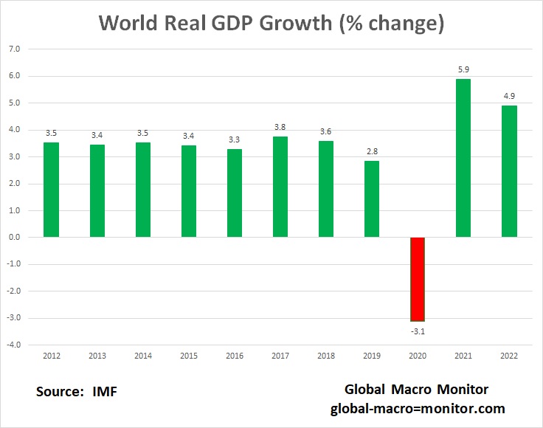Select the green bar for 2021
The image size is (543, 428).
(463, 158)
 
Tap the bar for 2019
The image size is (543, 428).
(372, 199)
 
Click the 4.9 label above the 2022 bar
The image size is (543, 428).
(509, 97)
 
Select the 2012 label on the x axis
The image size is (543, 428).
(51, 356)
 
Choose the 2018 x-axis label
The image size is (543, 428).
(326, 356)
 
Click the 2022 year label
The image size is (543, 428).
(509, 356)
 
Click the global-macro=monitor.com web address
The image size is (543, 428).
(417, 408)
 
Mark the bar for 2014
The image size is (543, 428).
(143, 190)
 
